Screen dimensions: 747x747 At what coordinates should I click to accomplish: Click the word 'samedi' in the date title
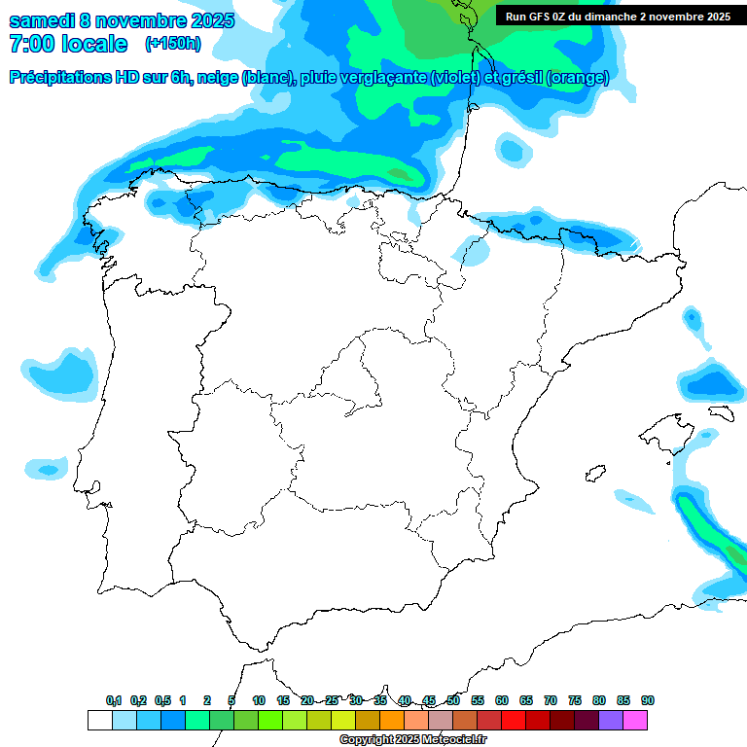(42, 20)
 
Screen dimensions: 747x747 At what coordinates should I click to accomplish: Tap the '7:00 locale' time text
(68, 44)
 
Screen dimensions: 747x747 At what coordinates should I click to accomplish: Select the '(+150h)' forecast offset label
(173, 44)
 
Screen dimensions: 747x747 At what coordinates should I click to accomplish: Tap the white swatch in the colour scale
(99, 720)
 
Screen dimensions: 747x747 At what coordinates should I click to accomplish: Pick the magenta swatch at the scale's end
(635, 720)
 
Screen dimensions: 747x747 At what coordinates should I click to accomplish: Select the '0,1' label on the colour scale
(114, 700)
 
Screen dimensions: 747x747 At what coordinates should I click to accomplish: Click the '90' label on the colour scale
(648, 700)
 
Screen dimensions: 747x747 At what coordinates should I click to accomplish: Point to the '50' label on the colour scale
(453, 700)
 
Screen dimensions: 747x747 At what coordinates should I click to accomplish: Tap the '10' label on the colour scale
(259, 700)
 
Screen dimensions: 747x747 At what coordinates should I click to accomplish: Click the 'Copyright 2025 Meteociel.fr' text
(412, 739)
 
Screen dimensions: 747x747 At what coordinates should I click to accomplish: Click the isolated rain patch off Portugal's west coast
(60, 374)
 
